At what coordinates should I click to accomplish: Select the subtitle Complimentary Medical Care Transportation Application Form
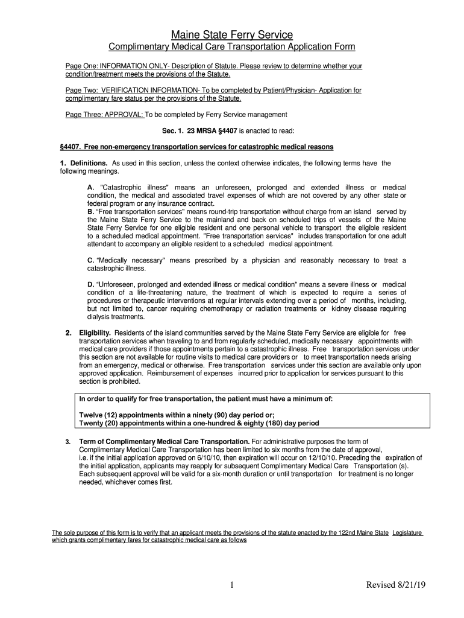(231, 47)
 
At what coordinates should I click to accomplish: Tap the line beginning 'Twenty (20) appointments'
(199, 423)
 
